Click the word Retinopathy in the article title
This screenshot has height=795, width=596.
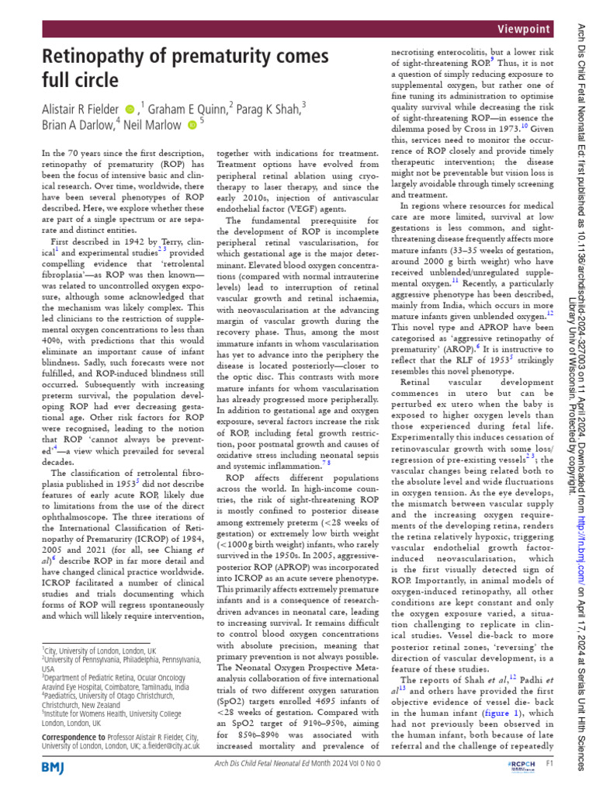pos(96,56)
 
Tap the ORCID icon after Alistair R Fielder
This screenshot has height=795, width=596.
pos(130,109)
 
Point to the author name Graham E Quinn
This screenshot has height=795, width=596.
pos(185,109)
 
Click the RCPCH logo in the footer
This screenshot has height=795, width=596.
pos(517,765)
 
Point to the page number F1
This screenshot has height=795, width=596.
pos(549,765)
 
